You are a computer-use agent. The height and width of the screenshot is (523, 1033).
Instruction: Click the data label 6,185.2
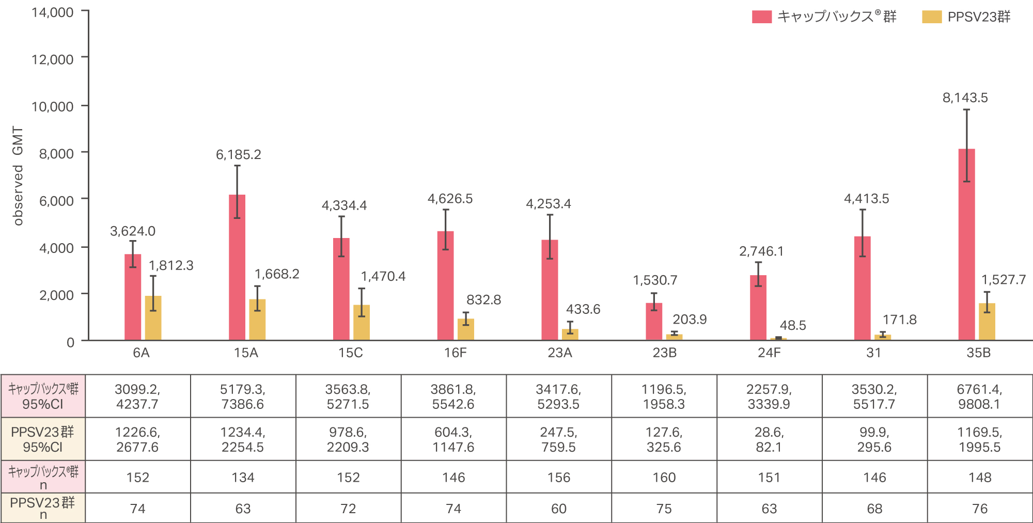(238, 155)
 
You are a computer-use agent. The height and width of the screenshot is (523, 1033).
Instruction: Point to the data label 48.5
(792, 326)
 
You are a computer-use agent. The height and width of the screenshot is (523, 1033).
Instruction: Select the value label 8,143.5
(965, 98)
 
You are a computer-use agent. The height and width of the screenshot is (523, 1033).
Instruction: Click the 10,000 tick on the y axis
(53, 107)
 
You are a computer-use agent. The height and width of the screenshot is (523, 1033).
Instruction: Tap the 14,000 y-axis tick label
(53, 12)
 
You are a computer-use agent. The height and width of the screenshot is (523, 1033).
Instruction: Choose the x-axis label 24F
(769, 353)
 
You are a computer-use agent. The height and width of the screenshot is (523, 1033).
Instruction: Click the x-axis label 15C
(350, 353)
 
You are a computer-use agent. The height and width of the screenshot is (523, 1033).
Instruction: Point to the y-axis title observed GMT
(18, 176)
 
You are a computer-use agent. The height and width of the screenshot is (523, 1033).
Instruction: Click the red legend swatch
(761, 17)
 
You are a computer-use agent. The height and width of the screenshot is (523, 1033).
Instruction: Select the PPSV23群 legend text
(979, 17)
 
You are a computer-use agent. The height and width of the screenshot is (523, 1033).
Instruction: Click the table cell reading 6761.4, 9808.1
(979, 397)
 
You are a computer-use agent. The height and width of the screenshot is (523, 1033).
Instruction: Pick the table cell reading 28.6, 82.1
(769, 439)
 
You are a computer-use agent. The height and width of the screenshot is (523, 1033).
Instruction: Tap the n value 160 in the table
(664, 478)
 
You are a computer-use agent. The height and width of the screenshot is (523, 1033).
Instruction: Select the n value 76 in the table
(979, 509)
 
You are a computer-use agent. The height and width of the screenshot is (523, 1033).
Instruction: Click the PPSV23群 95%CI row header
(43, 439)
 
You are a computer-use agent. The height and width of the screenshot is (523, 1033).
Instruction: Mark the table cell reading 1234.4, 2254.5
(243, 439)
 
